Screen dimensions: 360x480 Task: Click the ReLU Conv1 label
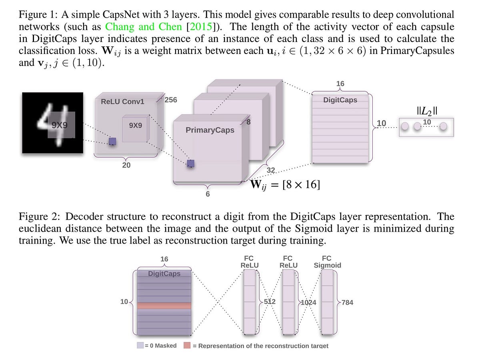(122, 102)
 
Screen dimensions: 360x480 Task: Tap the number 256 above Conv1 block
(171, 100)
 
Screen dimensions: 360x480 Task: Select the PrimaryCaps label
(210, 130)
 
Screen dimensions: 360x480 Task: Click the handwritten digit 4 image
(52, 123)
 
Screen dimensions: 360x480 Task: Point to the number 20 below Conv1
(126, 166)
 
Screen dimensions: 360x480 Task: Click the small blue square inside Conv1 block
(112, 141)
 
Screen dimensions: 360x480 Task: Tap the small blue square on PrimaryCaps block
(191, 163)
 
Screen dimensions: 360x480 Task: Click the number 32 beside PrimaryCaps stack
(271, 170)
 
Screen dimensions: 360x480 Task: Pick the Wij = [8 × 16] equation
(285, 185)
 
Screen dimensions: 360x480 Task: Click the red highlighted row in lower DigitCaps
(164, 306)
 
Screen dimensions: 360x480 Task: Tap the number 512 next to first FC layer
(270, 302)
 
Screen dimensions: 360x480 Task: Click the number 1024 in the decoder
(308, 302)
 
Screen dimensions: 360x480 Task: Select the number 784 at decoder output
(347, 302)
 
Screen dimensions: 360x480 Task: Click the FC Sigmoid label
(327, 262)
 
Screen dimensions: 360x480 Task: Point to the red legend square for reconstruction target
(187, 345)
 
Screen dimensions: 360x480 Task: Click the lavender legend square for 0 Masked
(140, 345)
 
